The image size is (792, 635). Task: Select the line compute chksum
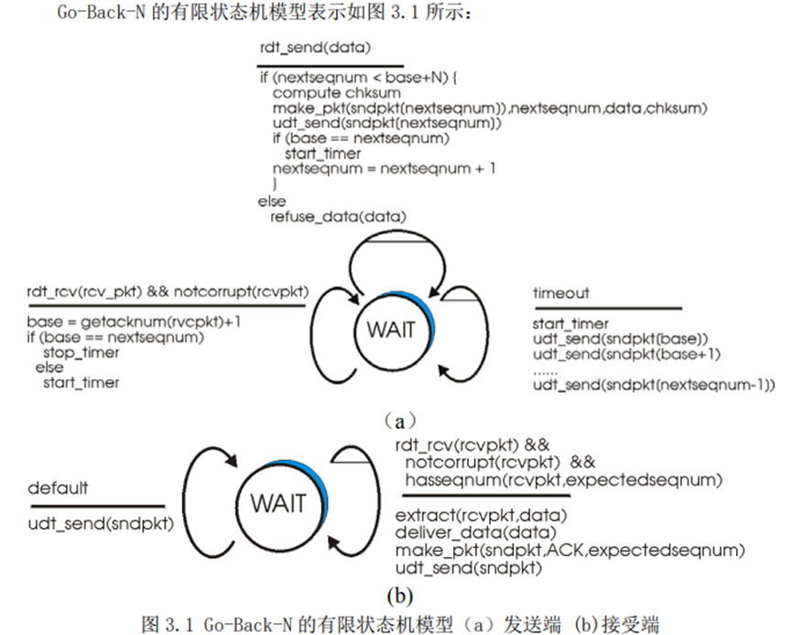[x=324, y=93]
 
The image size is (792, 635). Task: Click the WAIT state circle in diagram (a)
[x=390, y=329]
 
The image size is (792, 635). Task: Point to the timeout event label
[x=561, y=294]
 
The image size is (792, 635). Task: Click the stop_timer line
[x=81, y=352]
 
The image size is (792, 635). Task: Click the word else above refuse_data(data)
[x=272, y=201]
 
